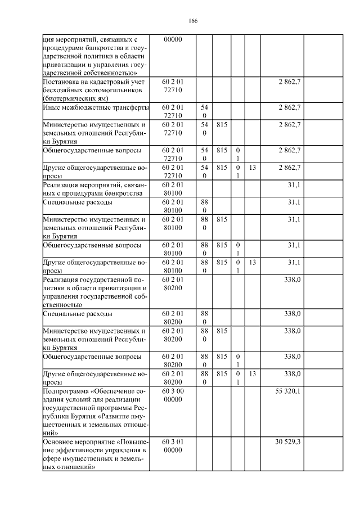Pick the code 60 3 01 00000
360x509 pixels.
pyautogui.click(x=172, y=447)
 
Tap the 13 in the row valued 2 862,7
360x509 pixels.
pyautogui.click(x=253, y=168)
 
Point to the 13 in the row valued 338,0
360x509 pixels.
pyautogui.click(x=253, y=373)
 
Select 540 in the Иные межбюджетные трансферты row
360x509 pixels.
pyautogui.click(x=204, y=111)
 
